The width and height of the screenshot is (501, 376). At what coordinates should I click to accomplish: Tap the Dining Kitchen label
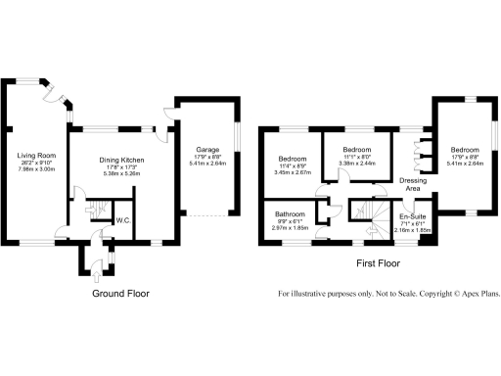[122, 159]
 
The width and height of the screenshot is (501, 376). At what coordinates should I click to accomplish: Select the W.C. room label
[124, 220]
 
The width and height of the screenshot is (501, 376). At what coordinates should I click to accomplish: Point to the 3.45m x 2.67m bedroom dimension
[292, 170]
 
